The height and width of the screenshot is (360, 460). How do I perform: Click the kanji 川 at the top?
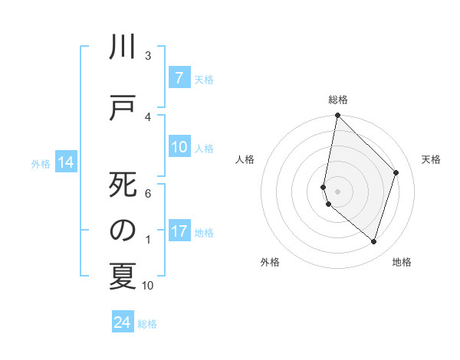pos(122,48)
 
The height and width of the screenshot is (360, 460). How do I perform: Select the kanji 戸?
pos(122,107)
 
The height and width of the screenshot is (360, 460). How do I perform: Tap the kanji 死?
pos(122,186)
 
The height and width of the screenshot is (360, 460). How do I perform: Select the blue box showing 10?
pos(179,148)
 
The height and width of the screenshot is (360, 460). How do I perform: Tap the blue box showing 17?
pos(179,232)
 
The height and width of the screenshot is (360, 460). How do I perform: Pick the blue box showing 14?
pos(65,162)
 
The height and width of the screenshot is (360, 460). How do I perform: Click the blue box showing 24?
pos(123,322)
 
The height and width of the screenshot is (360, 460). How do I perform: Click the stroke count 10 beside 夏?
pos(148,286)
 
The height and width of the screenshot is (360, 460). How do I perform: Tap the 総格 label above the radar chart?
pos(338,100)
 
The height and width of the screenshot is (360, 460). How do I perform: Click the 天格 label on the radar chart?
pos(431,159)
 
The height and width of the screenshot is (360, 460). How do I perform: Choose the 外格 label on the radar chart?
pos(270,262)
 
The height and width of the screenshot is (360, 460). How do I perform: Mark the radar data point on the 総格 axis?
pos(337,116)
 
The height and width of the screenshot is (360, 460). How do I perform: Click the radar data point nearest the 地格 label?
pos(373,241)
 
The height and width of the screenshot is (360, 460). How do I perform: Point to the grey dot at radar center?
pos(337,191)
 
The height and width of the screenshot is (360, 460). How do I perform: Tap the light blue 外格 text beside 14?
pos(41,163)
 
